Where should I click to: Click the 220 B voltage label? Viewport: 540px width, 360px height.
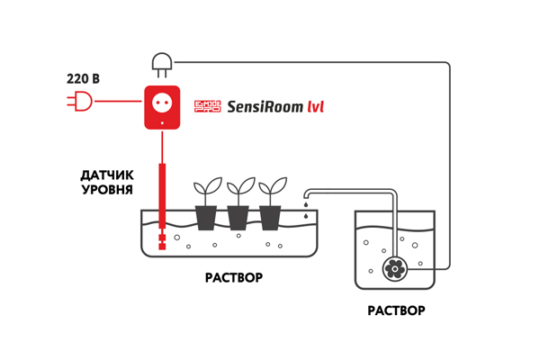click(83, 79)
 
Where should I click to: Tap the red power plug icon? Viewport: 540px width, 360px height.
click(80, 102)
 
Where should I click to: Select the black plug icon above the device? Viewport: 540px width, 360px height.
click(161, 63)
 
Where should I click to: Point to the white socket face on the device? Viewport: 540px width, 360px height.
click(162, 101)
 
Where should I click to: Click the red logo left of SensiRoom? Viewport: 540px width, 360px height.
click(208, 107)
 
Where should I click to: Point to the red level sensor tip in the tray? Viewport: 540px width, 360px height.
click(162, 240)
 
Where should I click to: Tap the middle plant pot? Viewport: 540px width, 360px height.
click(238, 218)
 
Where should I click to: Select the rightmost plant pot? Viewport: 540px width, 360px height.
click(270, 218)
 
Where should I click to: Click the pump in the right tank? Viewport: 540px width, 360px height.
click(393, 267)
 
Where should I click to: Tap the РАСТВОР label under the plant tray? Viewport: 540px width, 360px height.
click(234, 277)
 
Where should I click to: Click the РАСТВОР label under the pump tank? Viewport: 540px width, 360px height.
click(396, 310)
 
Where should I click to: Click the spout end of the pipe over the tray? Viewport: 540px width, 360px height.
click(307, 197)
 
